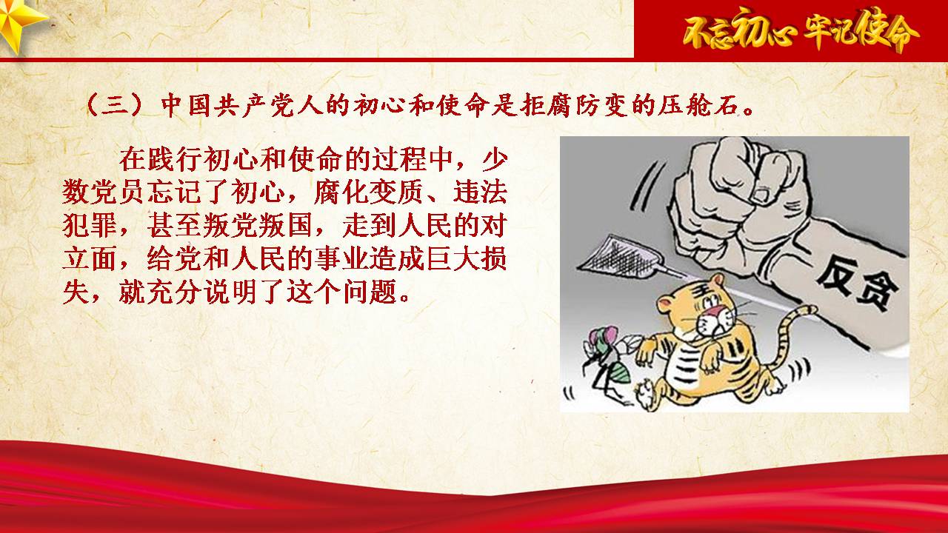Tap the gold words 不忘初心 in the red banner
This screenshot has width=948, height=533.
739,30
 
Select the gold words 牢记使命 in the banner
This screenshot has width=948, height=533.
861,30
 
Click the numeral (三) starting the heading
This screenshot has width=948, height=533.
114,104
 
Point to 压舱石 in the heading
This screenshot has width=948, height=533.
698,104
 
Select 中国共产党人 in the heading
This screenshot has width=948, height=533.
242,104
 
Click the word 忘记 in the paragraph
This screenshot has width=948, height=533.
174,192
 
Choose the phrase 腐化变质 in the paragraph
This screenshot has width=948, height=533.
368,192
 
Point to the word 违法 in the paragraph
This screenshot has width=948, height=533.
480,192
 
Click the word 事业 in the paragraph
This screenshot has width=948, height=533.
342,258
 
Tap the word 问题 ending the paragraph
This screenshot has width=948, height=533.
370,292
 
